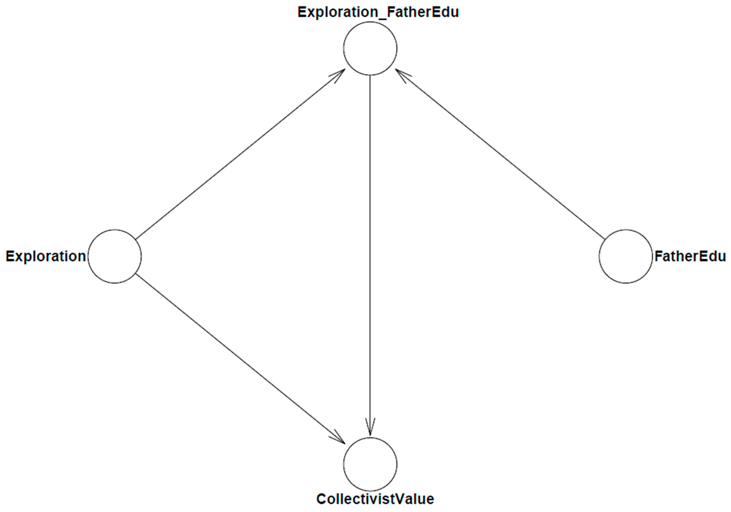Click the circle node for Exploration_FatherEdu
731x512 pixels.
(x=370, y=48)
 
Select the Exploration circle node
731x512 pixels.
(x=115, y=256)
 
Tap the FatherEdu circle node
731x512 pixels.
(x=626, y=256)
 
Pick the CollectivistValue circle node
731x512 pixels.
(x=370, y=464)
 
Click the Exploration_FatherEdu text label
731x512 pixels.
(x=378, y=12)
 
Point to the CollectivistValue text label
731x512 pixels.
(x=375, y=499)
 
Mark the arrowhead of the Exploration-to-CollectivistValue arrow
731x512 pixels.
(x=340, y=439)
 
